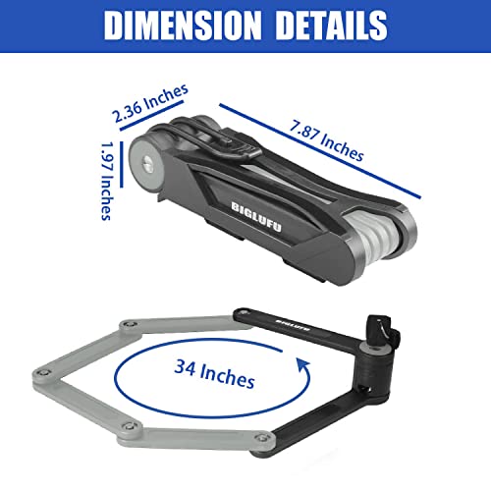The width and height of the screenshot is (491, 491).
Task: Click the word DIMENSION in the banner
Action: pyautogui.click(x=183, y=26)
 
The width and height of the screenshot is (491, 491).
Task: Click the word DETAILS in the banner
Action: pyautogui.click(x=331, y=26)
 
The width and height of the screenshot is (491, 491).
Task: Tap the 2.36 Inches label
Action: pyautogui.click(x=150, y=103)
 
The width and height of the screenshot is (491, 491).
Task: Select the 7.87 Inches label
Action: pyautogui.click(x=327, y=140)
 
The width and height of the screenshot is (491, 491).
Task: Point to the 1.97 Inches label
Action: pyautogui.click(x=107, y=181)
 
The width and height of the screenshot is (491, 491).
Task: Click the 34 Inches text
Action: pyautogui.click(x=214, y=374)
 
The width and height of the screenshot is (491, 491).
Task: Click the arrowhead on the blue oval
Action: pyautogui.click(x=303, y=363)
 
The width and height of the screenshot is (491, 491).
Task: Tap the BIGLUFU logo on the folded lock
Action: pyautogui.click(x=256, y=217)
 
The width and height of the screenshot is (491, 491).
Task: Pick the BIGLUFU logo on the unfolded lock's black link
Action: pyautogui.click(x=293, y=325)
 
